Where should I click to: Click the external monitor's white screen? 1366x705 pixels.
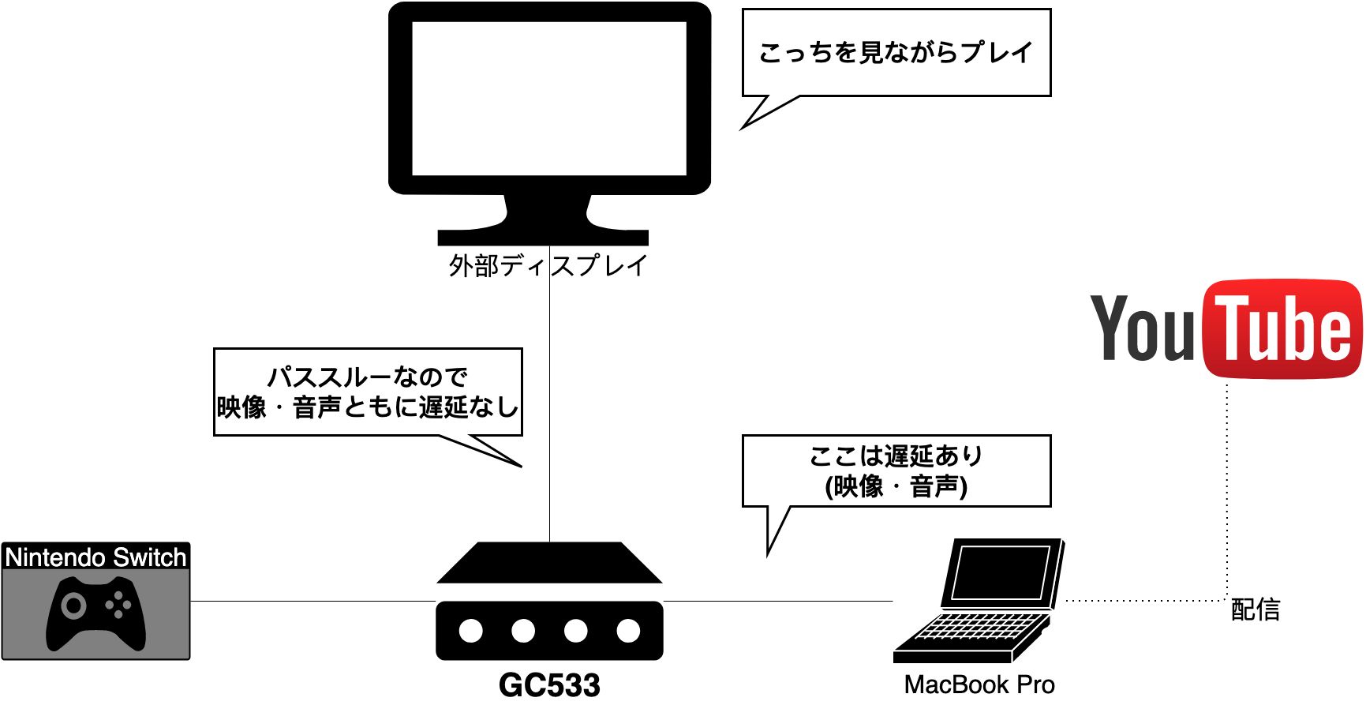pyautogui.click(x=549, y=99)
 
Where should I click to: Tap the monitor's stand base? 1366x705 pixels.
pyautogui.click(x=543, y=237)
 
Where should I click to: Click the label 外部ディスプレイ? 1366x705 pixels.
pyautogui.click(x=548, y=266)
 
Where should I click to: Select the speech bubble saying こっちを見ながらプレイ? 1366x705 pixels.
pyautogui.click(x=896, y=53)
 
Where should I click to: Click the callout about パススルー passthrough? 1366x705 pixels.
pyautogui.click(x=368, y=392)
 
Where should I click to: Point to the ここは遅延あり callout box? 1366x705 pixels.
pyautogui.click(x=896, y=471)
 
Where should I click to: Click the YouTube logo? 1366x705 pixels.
pyautogui.click(x=1226, y=328)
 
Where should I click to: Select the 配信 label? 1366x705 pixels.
pyautogui.click(x=1256, y=609)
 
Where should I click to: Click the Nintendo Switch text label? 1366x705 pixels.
pyautogui.click(x=95, y=557)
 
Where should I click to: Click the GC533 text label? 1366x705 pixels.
pyautogui.click(x=549, y=685)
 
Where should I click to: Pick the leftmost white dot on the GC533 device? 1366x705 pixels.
pyautogui.click(x=471, y=631)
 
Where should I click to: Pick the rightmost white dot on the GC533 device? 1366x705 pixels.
pyautogui.click(x=628, y=631)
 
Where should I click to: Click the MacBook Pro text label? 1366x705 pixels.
pyautogui.click(x=979, y=684)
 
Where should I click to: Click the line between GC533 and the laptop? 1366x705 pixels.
pyautogui.click(x=777, y=601)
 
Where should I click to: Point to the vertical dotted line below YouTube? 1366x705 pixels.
pyautogui.click(x=1227, y=489)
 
